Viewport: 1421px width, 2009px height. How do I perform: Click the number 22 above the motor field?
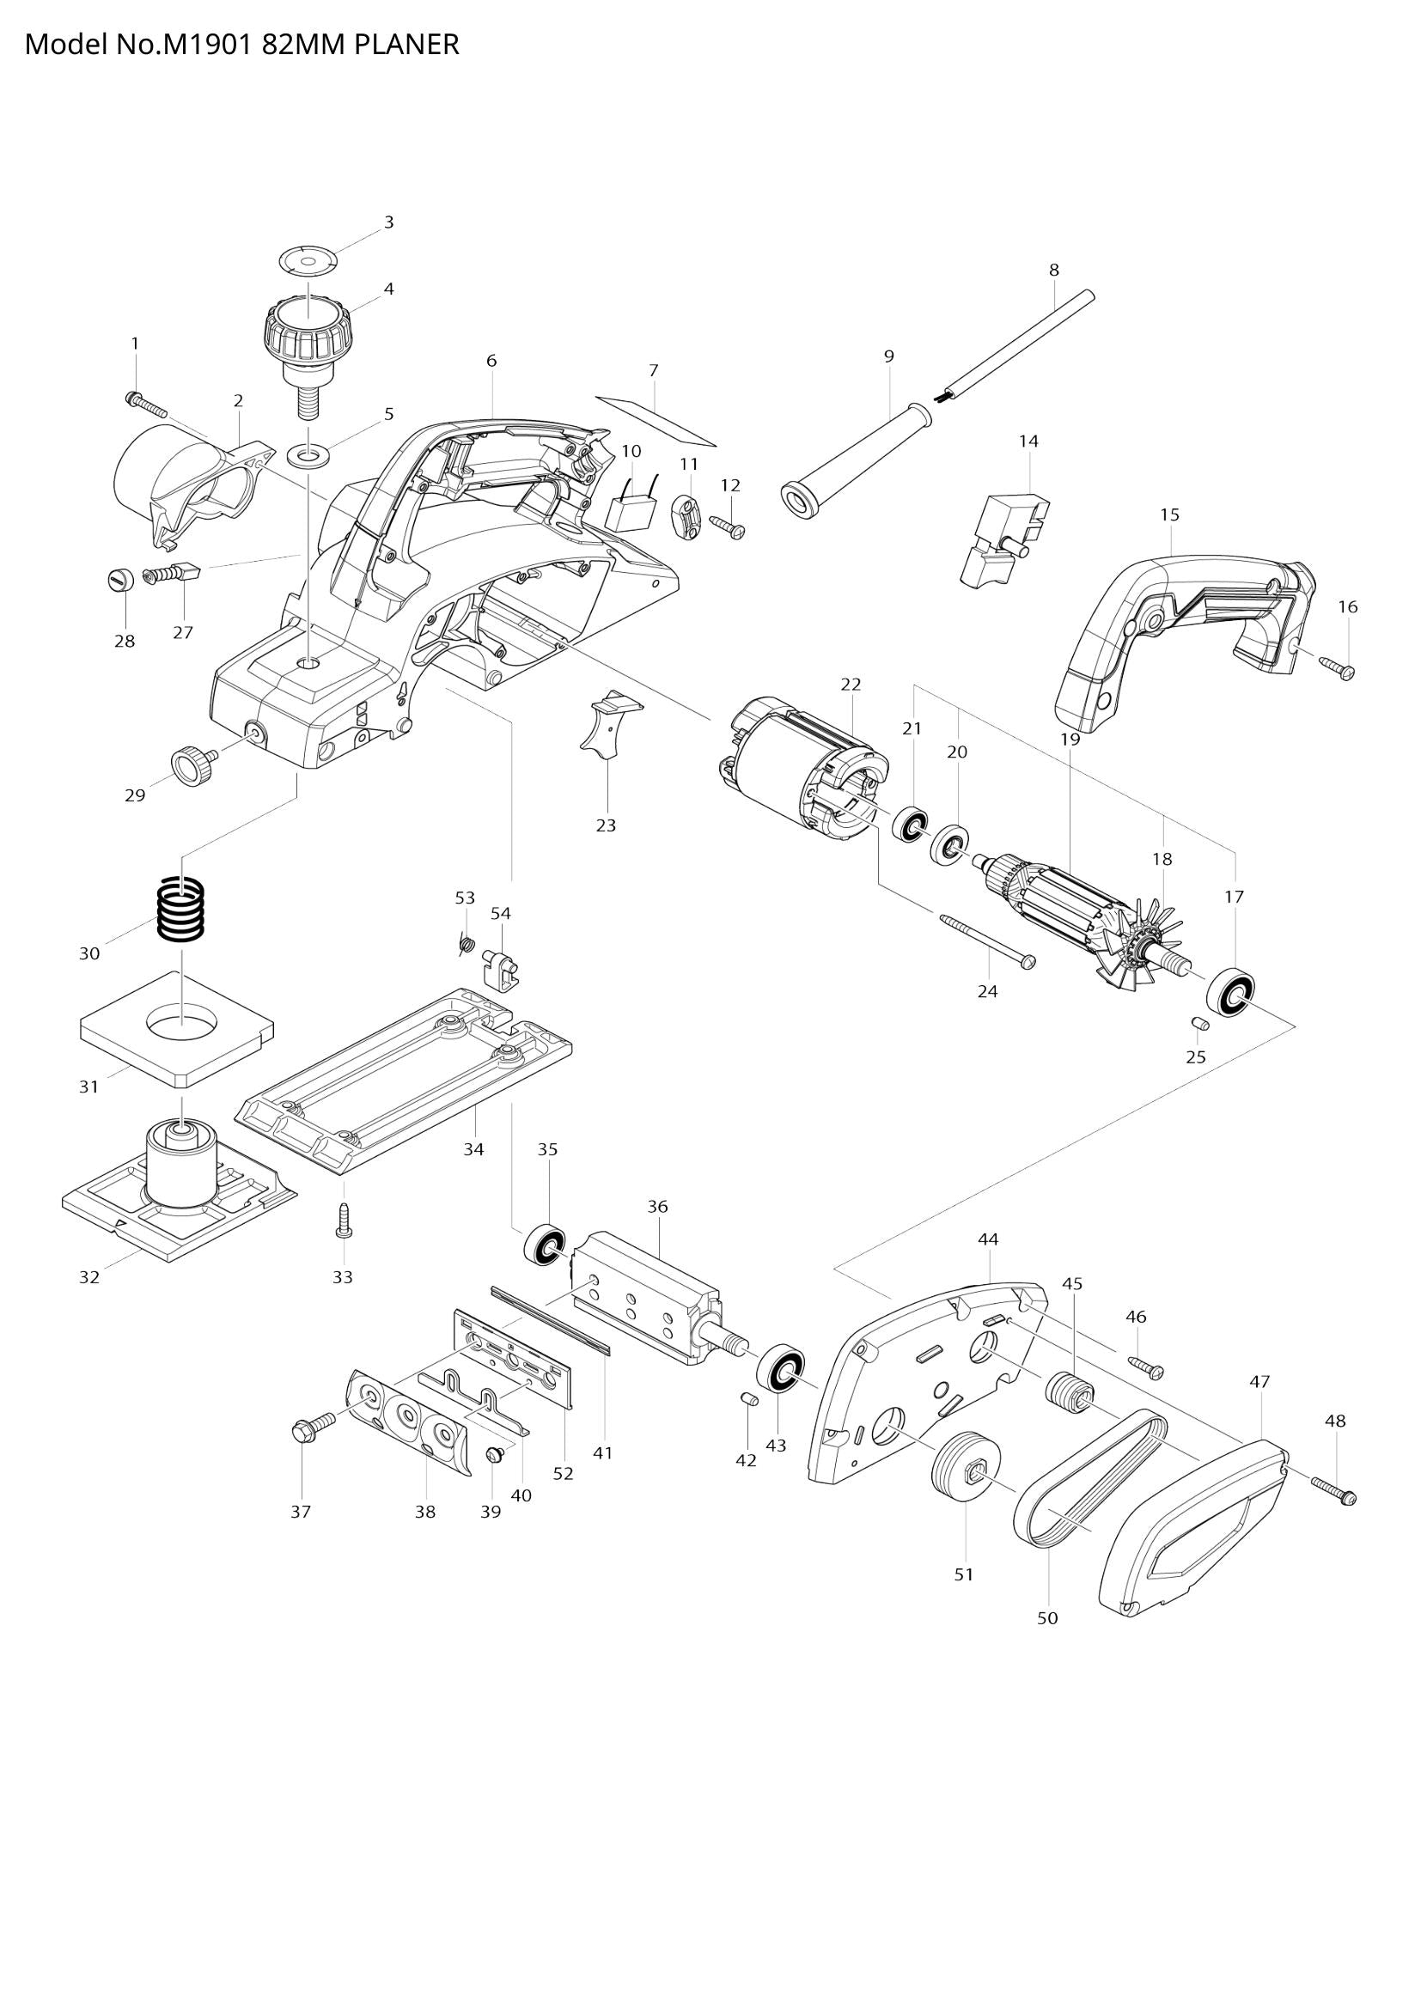pos(851,685)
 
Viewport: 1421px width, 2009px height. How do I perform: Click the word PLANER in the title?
pos(407,45)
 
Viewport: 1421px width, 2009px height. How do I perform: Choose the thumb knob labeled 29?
pos(193,766)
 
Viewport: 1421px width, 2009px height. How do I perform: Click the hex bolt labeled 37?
pos(311,1428)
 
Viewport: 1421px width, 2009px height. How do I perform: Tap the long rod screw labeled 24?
pos(986,939)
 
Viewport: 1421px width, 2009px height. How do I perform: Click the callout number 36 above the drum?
pos(657,1207)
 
